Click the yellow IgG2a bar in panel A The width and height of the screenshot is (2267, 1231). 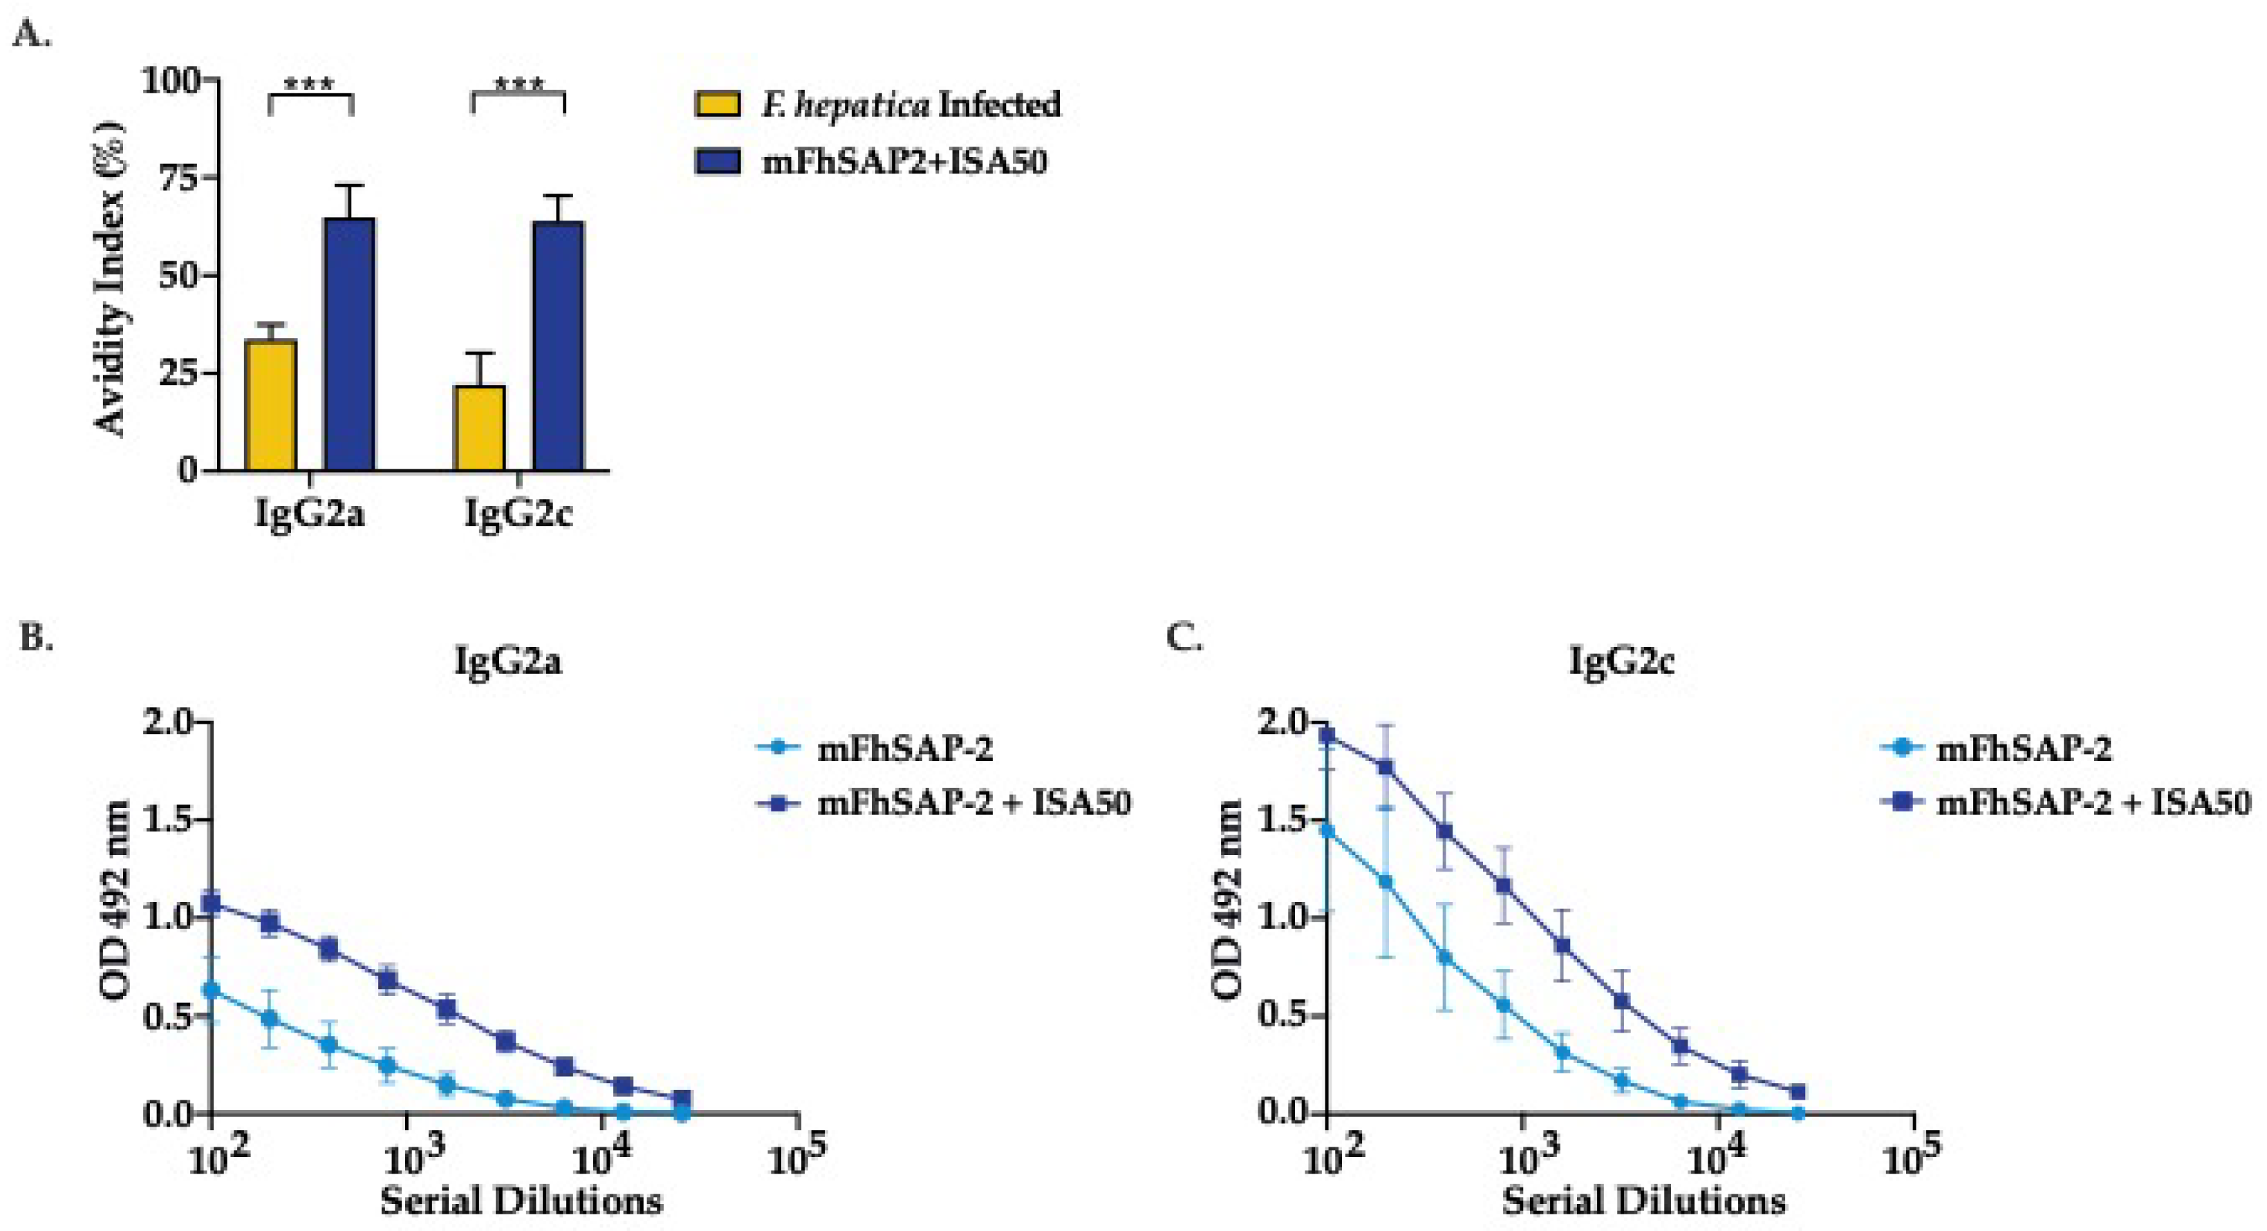coord(271,405)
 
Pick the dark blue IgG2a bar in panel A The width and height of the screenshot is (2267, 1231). coord(349,343)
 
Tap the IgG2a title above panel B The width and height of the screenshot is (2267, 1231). coord(507,660)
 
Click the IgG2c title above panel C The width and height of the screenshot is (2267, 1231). coord(1621,660)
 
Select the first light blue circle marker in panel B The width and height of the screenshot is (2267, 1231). coord(211,989)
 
